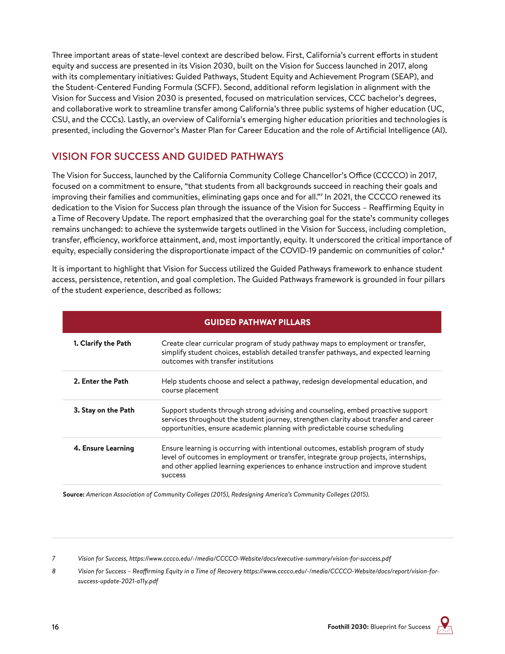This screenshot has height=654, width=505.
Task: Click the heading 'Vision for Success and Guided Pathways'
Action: pyautogui.click(x=168, y=156)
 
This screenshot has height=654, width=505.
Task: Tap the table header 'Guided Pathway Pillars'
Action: pyautogui.click(x=257, y=322)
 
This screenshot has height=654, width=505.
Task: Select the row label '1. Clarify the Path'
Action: pyautogui.click(x=102, y=343)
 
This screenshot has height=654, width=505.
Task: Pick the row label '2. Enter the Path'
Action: pyautogui.click(x=101, y=381)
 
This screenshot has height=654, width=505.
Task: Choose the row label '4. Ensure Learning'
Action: pyautogui.click(x=104, y=448)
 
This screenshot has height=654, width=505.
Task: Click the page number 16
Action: pyautogui.click(x=55, y=627)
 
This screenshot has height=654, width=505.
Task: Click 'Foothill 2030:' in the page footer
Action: pyautogui.click(x=348, y=627)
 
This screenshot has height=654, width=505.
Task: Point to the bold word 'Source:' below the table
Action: pyautogui.click(x=74, y=494)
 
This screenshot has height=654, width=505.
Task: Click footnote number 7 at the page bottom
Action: pyautogui.click(x=54, y=558)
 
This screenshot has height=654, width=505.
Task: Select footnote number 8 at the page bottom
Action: pyautogui.click(x=54, y=571)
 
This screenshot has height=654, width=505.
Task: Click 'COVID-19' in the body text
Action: pyautogui.click(x=298, y=251)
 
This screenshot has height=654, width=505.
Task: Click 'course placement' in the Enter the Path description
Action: pyautogui.click(x=190, y=390)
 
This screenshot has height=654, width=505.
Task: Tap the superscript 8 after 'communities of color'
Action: pyautogui.click(x=443, y=248)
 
